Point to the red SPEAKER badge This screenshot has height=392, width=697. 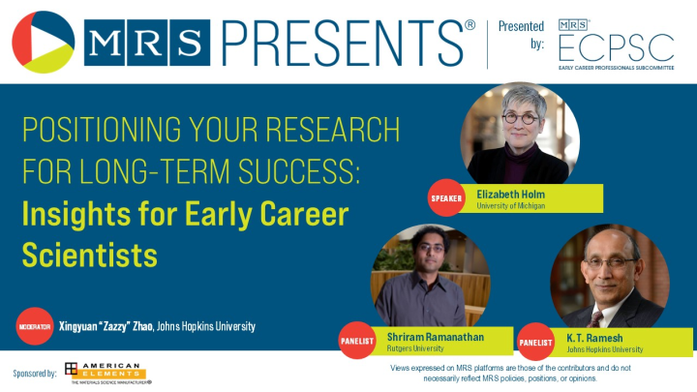[447, 198]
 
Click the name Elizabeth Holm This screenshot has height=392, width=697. [512, 194]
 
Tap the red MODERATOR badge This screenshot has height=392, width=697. [34, 327]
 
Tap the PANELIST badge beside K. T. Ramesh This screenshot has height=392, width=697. [536, 342]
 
